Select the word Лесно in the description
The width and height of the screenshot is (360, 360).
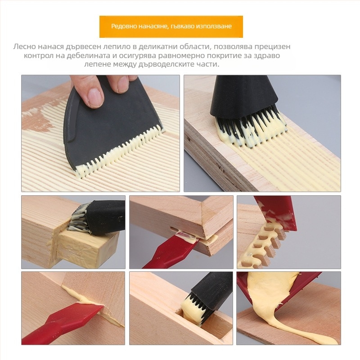coord(25,47)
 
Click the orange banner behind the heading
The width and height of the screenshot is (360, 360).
coord(171,27)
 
